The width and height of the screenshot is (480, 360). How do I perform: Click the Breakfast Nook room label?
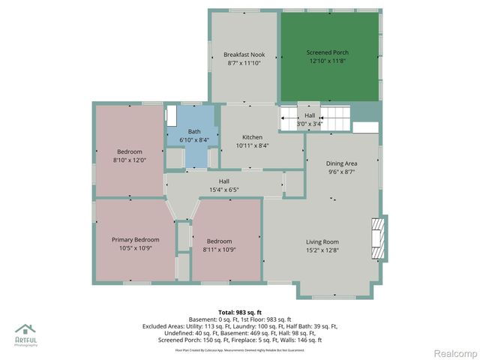[244, 55]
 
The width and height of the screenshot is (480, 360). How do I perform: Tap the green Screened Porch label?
[327, 52]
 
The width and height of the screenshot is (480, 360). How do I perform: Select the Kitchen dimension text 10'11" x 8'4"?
[252, 145]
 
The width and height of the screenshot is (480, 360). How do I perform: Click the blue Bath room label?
[193, 131]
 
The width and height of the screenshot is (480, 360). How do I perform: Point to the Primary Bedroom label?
[136, 239]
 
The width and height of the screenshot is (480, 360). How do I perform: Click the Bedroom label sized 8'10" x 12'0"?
[129, 152]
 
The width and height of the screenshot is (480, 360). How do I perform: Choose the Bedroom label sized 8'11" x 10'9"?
[220, 241]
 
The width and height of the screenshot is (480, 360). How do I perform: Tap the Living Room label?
[322, 241]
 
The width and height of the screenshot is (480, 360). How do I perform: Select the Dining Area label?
[341, 163]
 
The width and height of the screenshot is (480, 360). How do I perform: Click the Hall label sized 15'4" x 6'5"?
[223, 181]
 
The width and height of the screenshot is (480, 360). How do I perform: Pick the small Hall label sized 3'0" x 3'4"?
[310, 115]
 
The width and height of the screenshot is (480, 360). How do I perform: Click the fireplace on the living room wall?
[382, 238]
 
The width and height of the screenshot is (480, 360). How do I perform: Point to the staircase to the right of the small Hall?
[334, 118]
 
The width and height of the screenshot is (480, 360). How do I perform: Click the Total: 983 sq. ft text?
[240, 311]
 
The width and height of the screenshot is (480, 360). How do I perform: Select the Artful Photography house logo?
[25, 329]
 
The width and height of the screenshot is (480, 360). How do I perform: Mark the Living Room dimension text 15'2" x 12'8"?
[322, 250]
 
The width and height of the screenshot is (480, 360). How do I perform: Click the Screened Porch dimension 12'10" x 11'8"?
[327, 61]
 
